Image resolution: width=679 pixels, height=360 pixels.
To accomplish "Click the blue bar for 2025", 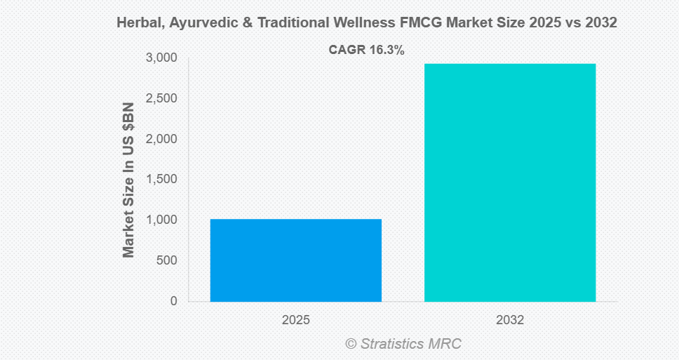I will coord(295,260).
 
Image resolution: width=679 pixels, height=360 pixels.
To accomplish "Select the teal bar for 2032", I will coord(510,182).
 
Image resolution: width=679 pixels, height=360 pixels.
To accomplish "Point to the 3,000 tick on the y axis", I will coord(162,58).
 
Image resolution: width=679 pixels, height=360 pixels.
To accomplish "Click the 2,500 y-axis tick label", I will coord(162,98).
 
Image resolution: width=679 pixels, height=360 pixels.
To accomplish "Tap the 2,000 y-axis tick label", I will coord(162,139).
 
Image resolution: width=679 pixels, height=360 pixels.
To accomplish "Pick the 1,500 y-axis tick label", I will coord(162,180).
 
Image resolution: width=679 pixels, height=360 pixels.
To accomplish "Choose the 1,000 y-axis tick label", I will coord(162,220).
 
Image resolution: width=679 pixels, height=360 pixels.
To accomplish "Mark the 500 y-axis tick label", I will coord(167,260).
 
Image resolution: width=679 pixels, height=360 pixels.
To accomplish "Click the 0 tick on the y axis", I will coord(173,301).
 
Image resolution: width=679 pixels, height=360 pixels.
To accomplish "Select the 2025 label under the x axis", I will coord(296,320).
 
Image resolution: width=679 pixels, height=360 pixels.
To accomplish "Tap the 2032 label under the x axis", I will coord(510,320).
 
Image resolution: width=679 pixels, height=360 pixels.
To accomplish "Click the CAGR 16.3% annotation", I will coord(366,50).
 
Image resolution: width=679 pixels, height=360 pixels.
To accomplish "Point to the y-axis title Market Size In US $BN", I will coord(128,180).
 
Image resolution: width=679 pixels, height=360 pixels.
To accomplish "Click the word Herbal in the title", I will coord(135,23).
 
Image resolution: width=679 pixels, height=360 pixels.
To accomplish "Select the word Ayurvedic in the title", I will coord(194,23).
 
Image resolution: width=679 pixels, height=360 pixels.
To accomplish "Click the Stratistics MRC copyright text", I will coord(403,344).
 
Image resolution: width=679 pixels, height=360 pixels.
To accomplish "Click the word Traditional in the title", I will coord(286,23).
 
